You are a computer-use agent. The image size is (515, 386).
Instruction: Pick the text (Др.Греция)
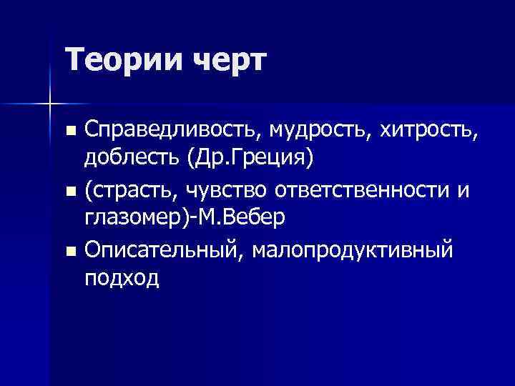coord(250,156)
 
